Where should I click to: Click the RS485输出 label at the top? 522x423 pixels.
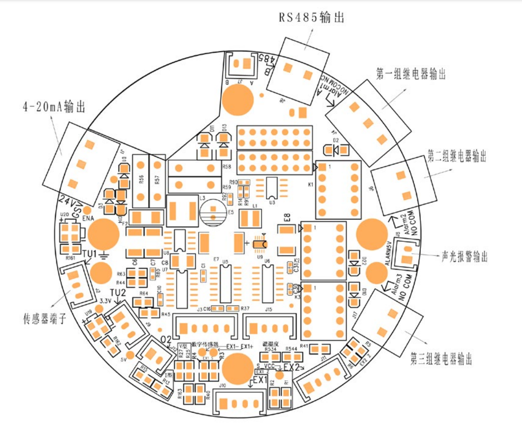click(311, 18)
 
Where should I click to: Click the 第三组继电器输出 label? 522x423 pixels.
click(441, 358)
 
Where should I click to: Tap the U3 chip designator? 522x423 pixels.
click(272, 203)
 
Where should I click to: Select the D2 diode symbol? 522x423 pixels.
click(336, 150)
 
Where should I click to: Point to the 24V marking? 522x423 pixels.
click(68, 199)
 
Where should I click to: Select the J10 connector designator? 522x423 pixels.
click(222, 385)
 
